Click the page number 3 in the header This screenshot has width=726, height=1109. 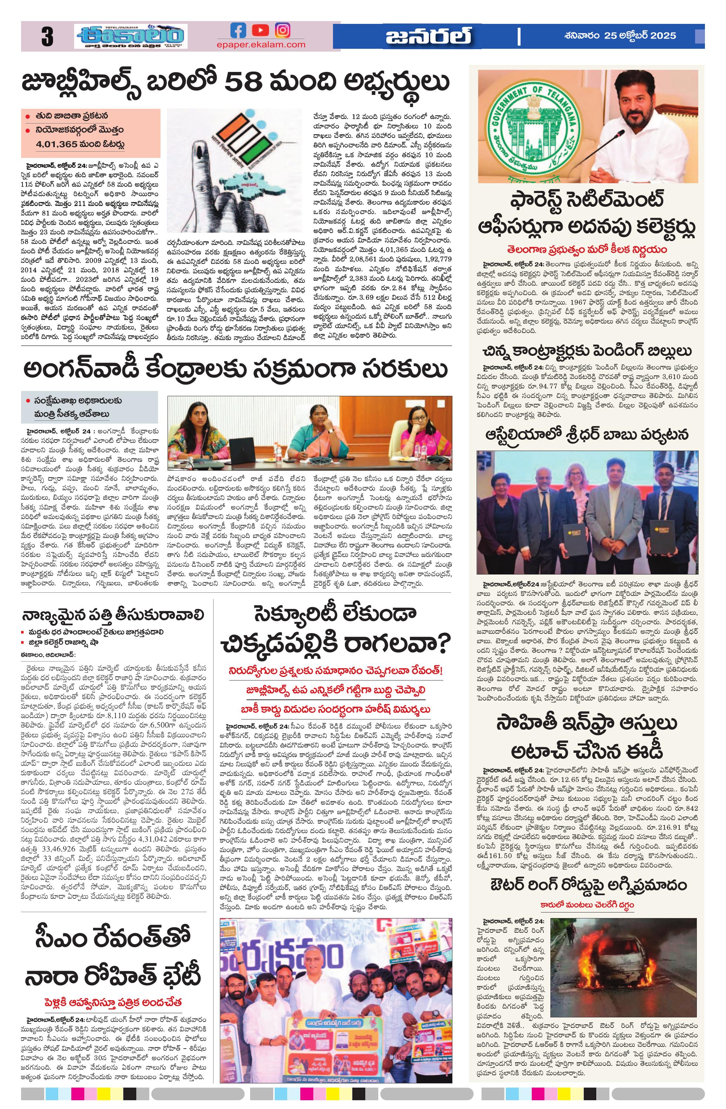[x=47, y=37]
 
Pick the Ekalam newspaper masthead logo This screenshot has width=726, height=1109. [x=131, y=36]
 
